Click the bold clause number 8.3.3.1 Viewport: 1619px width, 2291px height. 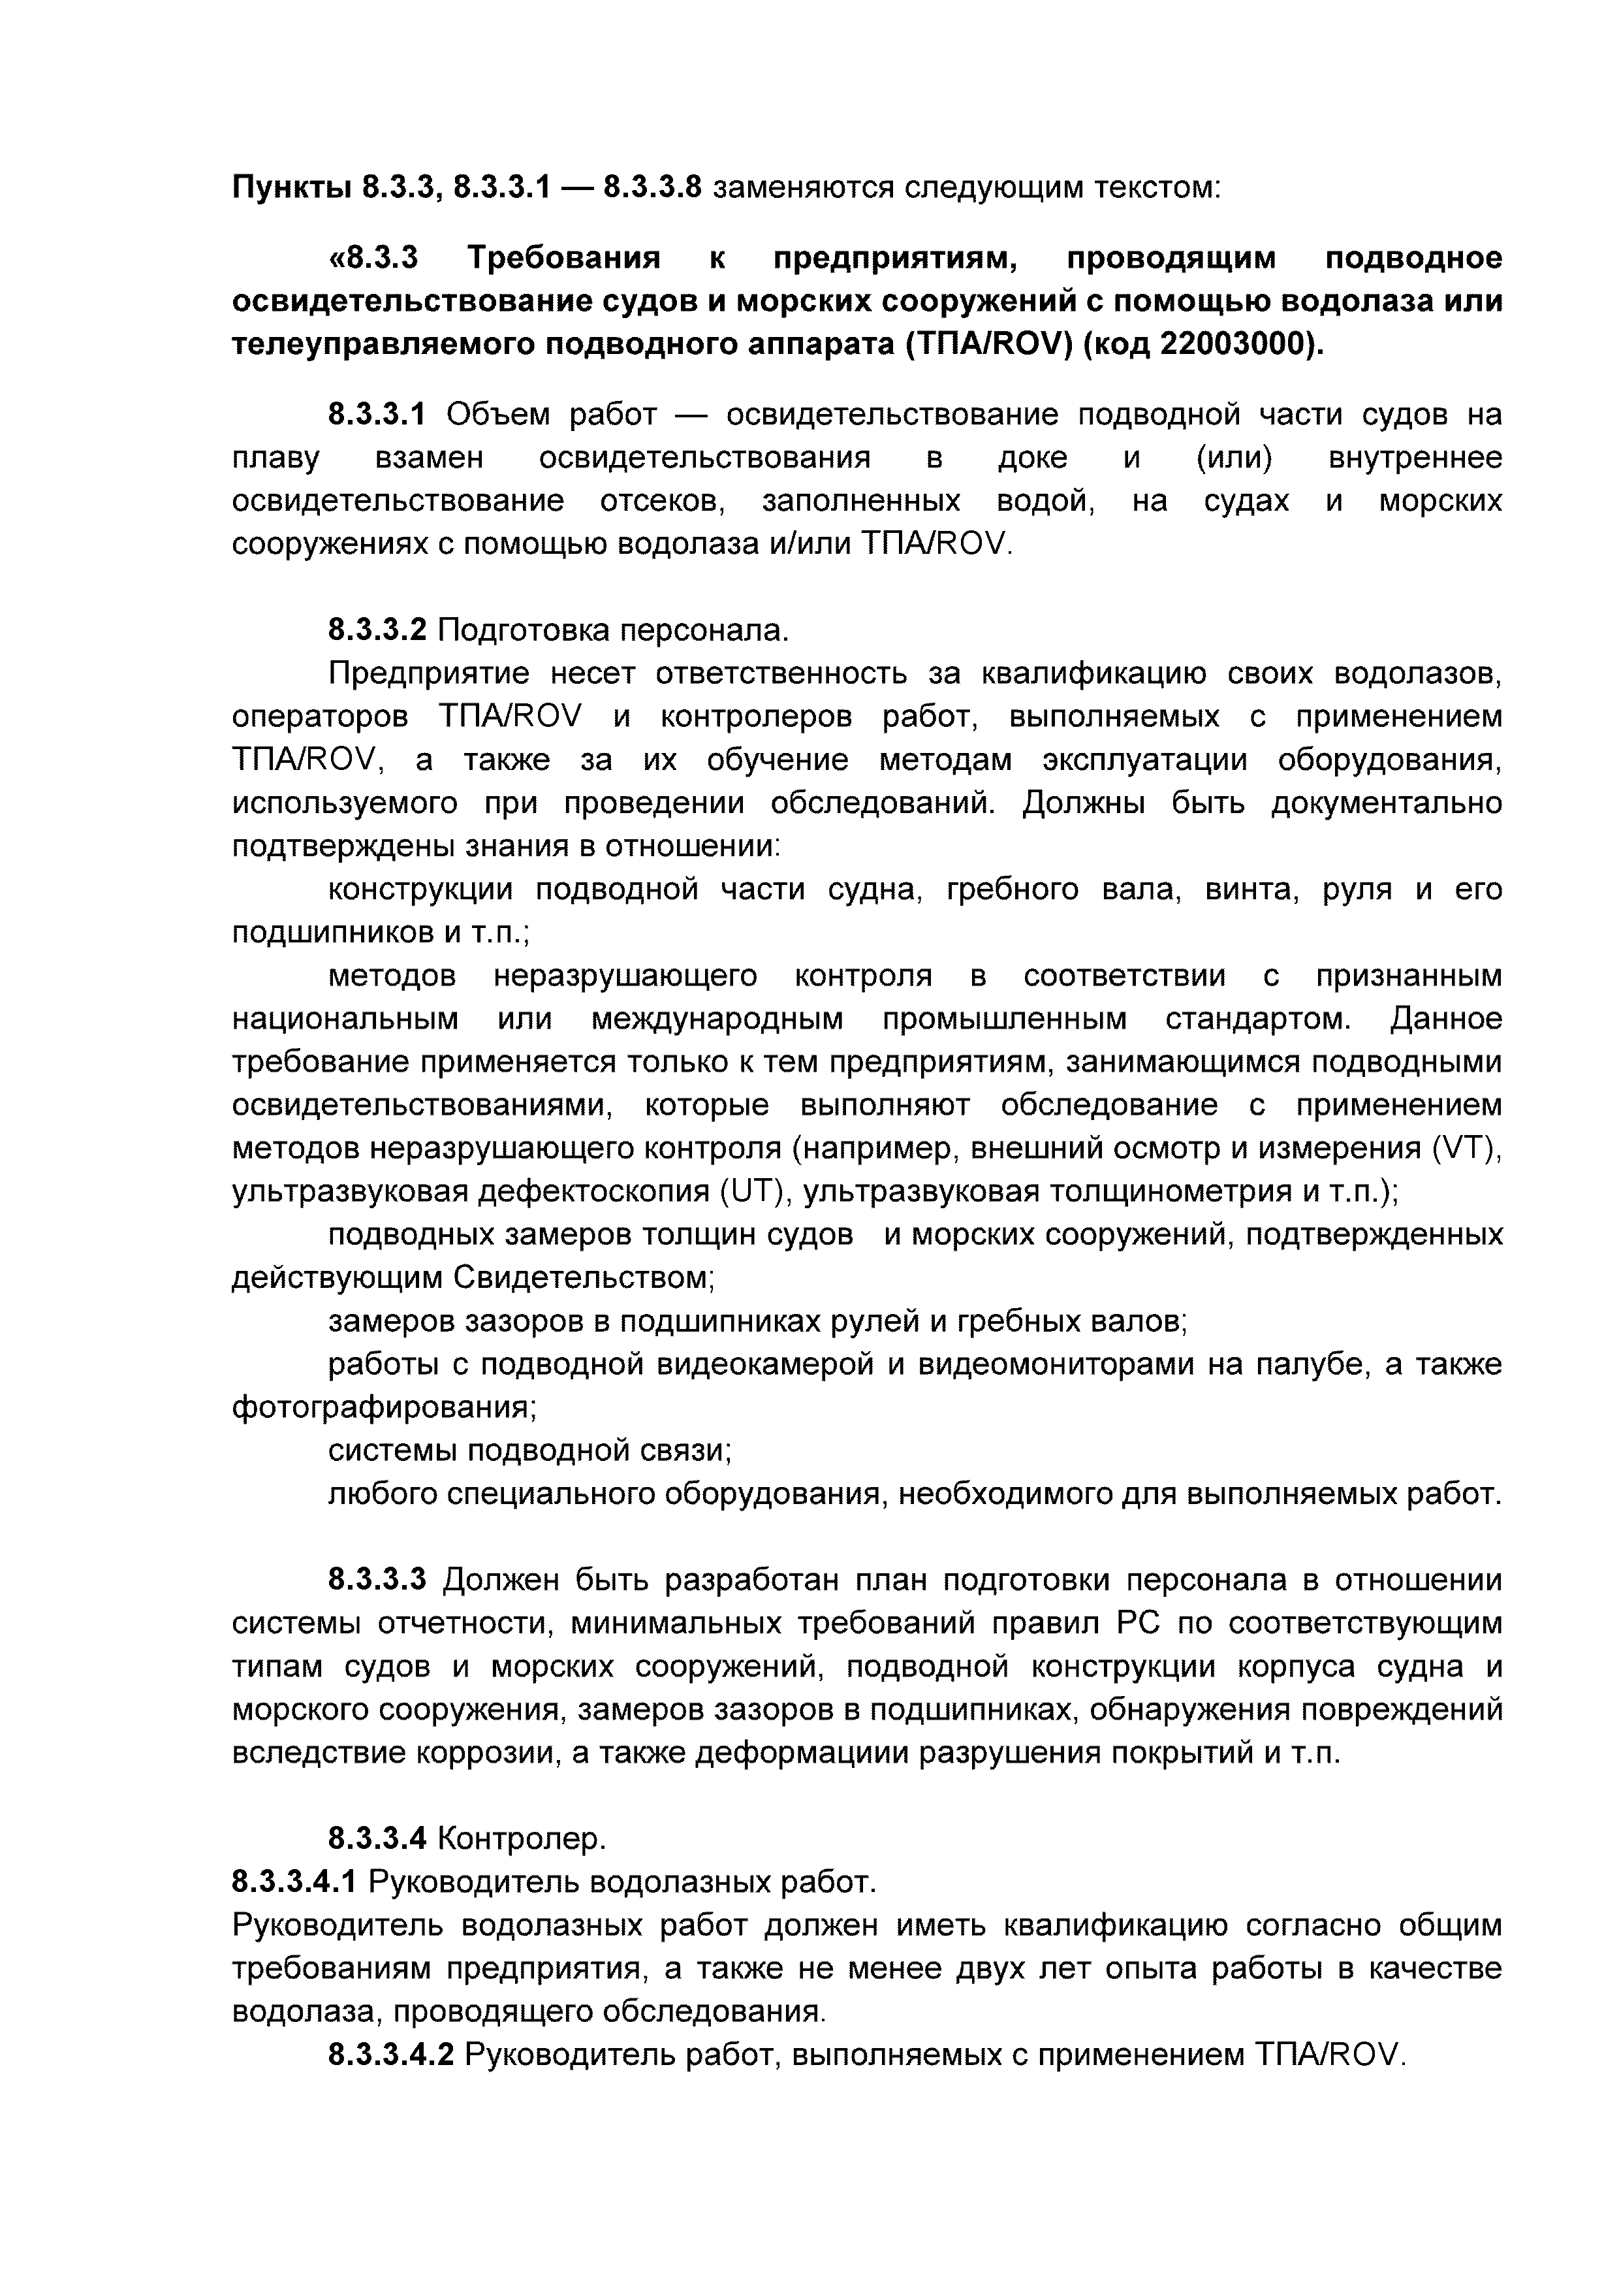[377, 414]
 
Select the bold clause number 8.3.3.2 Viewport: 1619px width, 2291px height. [377, 631]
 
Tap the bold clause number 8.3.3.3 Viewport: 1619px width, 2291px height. [377, 1580]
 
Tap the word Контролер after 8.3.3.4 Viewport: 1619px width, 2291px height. [522, 1839]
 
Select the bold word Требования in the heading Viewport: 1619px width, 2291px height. [565, 259]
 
